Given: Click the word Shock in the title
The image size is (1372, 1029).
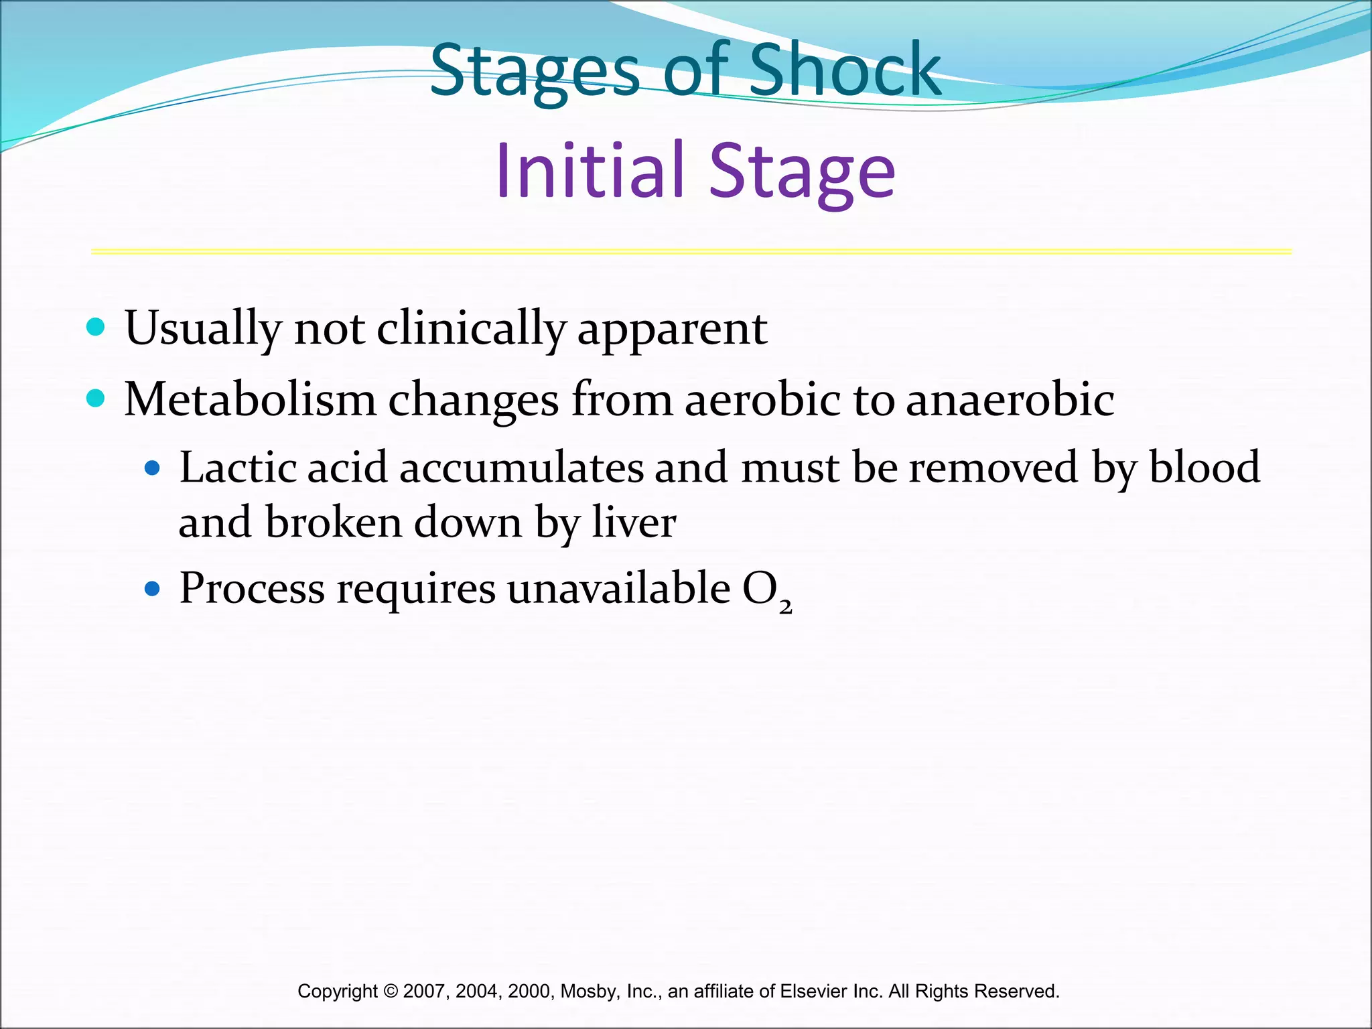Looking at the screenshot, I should (x=845, y=70).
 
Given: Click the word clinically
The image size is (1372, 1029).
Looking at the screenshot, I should (x=471, y=330).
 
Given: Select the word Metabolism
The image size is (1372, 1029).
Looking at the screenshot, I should (x=250, y=400).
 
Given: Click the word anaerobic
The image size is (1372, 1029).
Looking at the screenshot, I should (x=1010, y=400).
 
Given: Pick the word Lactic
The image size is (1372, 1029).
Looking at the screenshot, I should (x=237, y=467).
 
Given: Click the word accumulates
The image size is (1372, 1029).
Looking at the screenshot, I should (x=521, y=467).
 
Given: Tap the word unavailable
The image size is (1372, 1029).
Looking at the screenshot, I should (x=618, y=588).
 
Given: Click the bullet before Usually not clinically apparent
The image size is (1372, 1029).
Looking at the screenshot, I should (x=96, y=328).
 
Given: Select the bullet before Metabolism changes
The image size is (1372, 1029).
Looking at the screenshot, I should (x=96, y=399).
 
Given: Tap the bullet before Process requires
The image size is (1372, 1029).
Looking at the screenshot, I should (x=153, y=589).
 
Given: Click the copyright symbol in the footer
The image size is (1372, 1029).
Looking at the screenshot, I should (x=391, y=991).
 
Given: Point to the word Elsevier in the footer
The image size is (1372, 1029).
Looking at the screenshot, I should (x=813, y=991).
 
